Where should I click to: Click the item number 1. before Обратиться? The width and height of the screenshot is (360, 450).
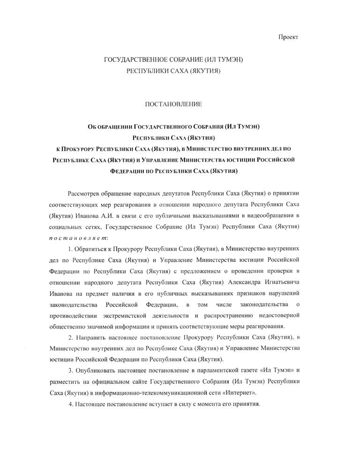[x=70, y=248]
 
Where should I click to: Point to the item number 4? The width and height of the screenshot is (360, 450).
[x=70, y=404]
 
